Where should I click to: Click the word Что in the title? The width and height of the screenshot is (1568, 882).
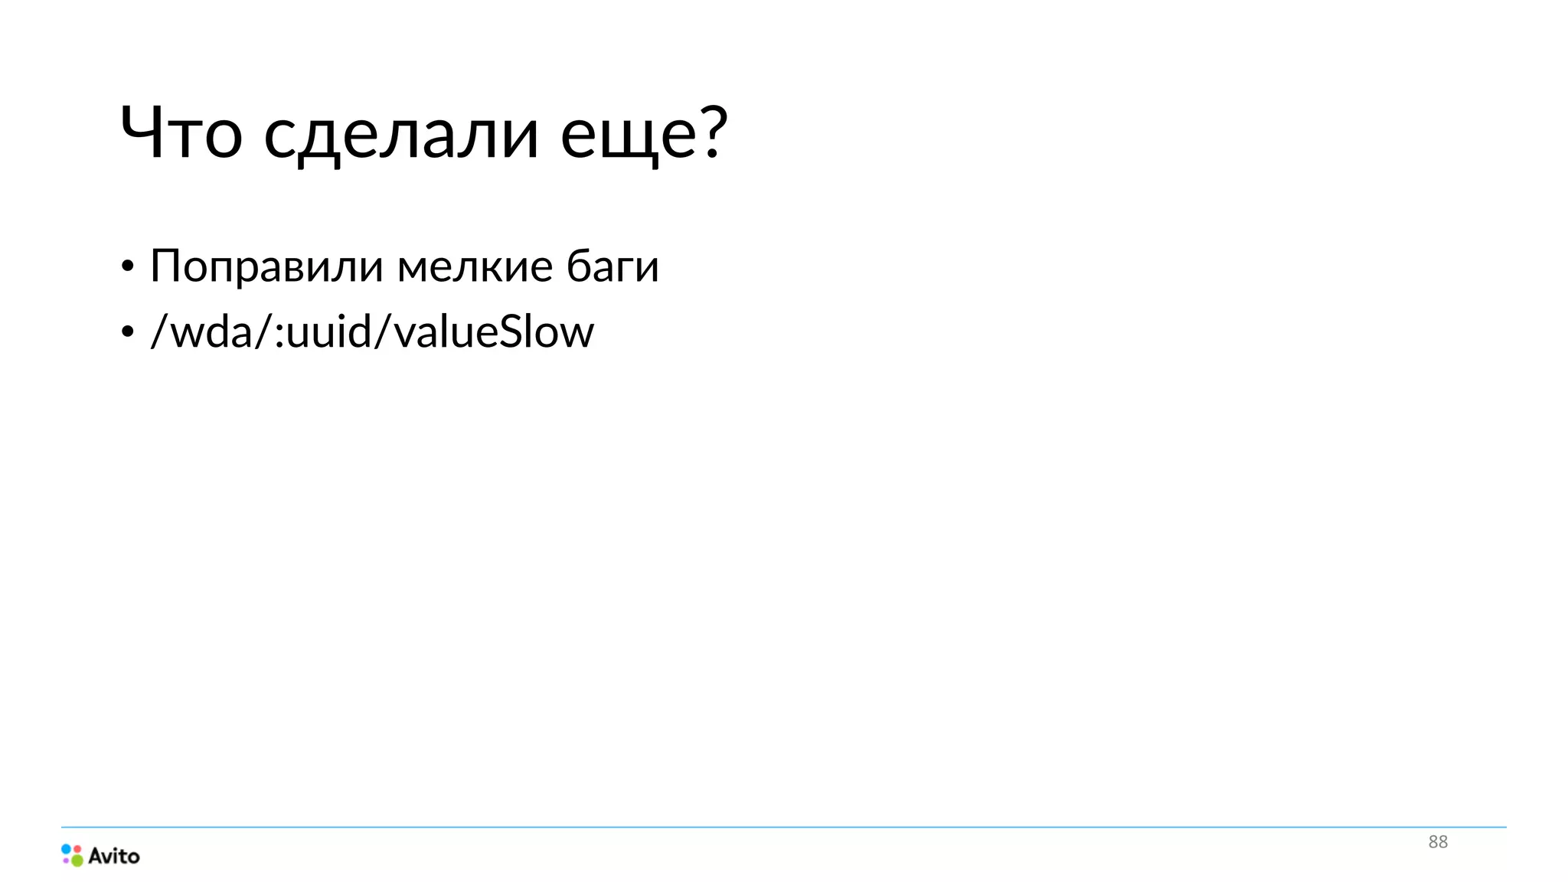pos(181,132)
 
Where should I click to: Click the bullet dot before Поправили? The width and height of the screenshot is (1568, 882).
pos(127,267)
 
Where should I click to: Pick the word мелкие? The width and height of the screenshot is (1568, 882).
pos(475,266)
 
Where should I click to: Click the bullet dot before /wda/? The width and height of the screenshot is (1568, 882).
pos(127,332)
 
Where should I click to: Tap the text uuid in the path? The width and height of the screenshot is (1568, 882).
pos(328,332)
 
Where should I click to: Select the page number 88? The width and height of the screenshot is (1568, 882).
pos(1438,842)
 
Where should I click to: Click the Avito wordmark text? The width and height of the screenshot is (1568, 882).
pos(114,856)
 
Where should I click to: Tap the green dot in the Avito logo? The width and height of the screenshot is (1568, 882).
pos(77,861)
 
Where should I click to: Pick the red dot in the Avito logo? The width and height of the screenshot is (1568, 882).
pos(77,848)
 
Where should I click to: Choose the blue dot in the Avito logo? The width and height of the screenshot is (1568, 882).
pos(67,849)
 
